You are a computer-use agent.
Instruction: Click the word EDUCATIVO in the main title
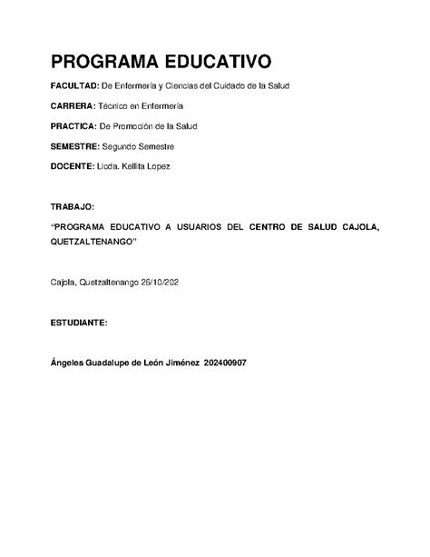coord(221,62)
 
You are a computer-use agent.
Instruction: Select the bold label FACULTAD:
coord(75,85)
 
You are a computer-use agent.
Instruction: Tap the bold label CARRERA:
coord(73,105)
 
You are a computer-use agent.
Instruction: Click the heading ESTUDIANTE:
coord(79,323)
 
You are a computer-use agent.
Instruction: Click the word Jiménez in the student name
coord(184,363)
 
